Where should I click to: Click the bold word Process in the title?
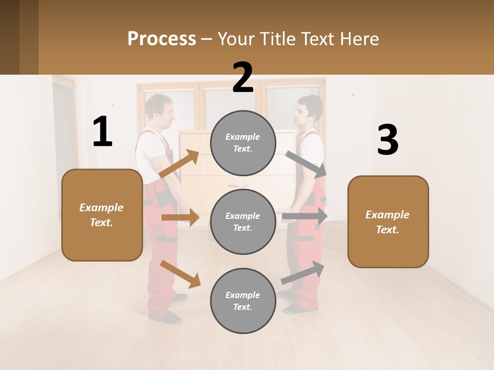point(162,39)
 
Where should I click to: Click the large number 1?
point(102,132)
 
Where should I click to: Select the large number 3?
point(387,140)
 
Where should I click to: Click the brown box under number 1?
point(102,215)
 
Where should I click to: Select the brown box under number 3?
point(388,221)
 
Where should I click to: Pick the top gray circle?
point(243,143)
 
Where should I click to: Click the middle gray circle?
point(243,221)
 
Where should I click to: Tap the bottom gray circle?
point(243,301)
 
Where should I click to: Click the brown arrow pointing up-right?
point(179,164)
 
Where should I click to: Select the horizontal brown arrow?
point(180,217)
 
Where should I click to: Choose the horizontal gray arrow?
point(305,216)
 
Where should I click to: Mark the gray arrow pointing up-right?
point(303,273)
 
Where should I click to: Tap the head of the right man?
point(309,110)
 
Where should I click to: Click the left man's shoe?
point(166,317)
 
